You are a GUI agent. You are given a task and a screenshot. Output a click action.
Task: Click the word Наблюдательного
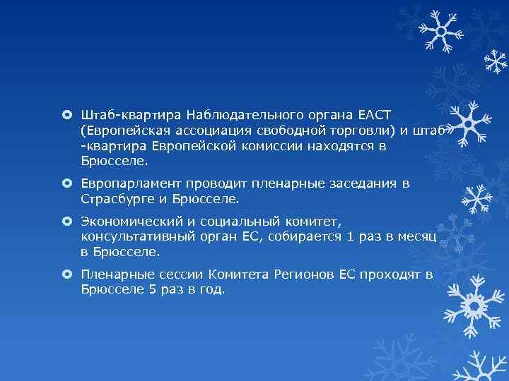point(240,115)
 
